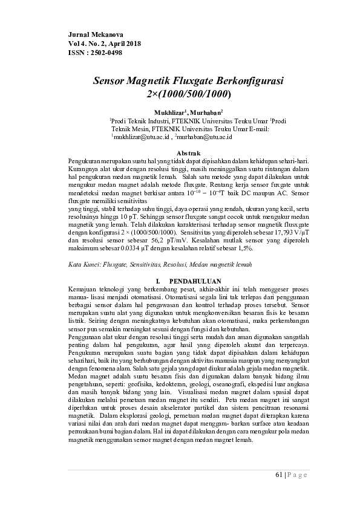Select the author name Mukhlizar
point(169,112)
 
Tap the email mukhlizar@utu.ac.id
point(139,138)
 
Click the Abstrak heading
point(186,154)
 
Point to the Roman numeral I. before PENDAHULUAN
point(158,281)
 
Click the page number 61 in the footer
point(278,475)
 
